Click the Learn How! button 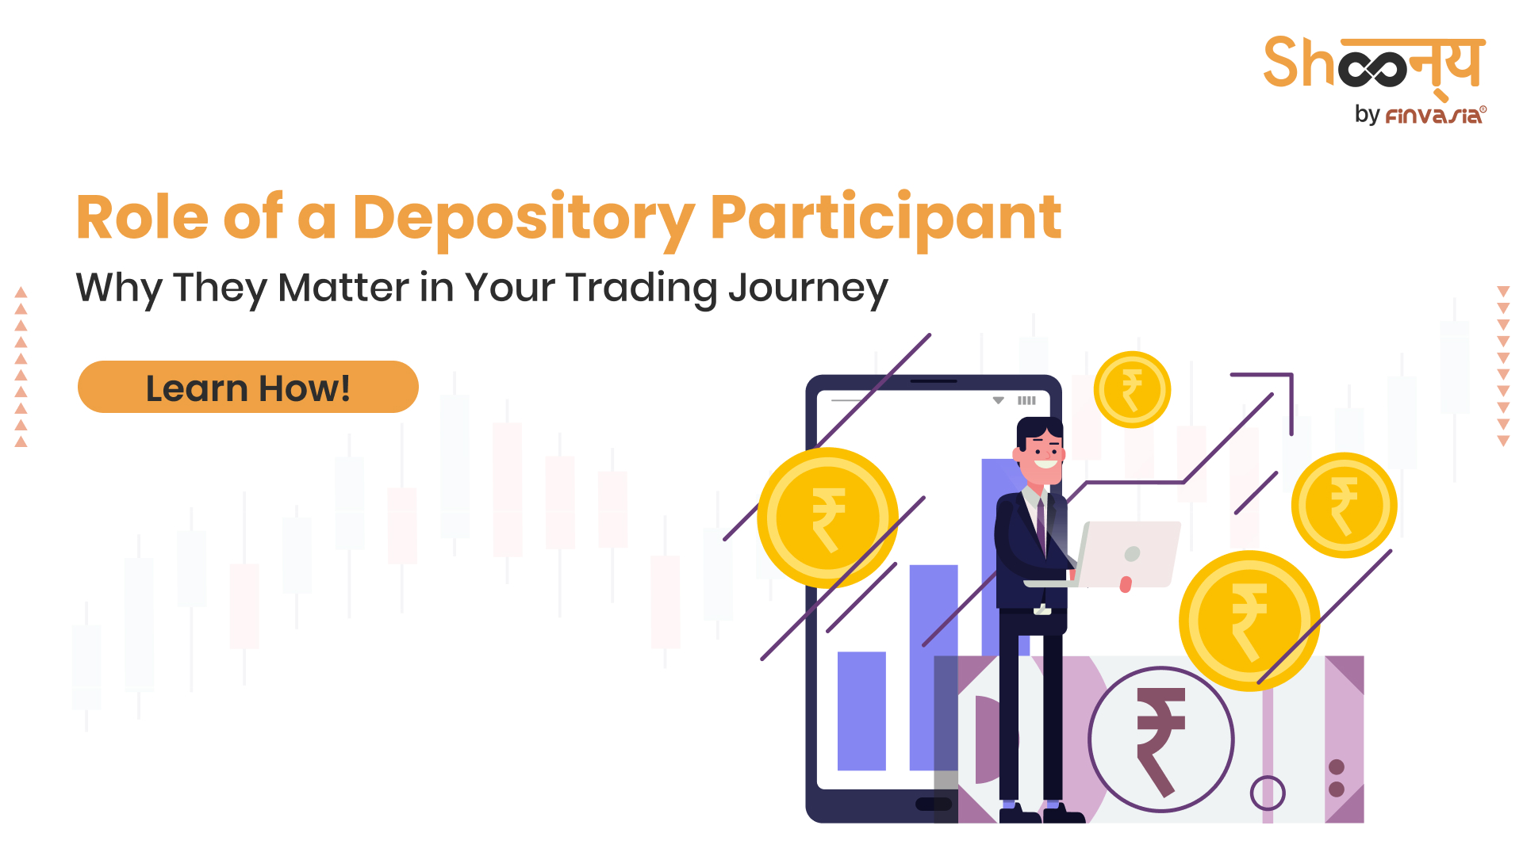point(248,387)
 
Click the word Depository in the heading point(524,219)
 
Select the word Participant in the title point(886,219)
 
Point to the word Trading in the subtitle point(642,289)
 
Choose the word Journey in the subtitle point(808,289)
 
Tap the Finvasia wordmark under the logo point(1436,116)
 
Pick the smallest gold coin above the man point(1132,390)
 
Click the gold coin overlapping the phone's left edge point(827,518)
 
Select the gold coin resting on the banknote point(1249,621)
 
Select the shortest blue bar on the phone point(861,711)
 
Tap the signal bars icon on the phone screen point(1026,400)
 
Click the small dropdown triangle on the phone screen point(999,400)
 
